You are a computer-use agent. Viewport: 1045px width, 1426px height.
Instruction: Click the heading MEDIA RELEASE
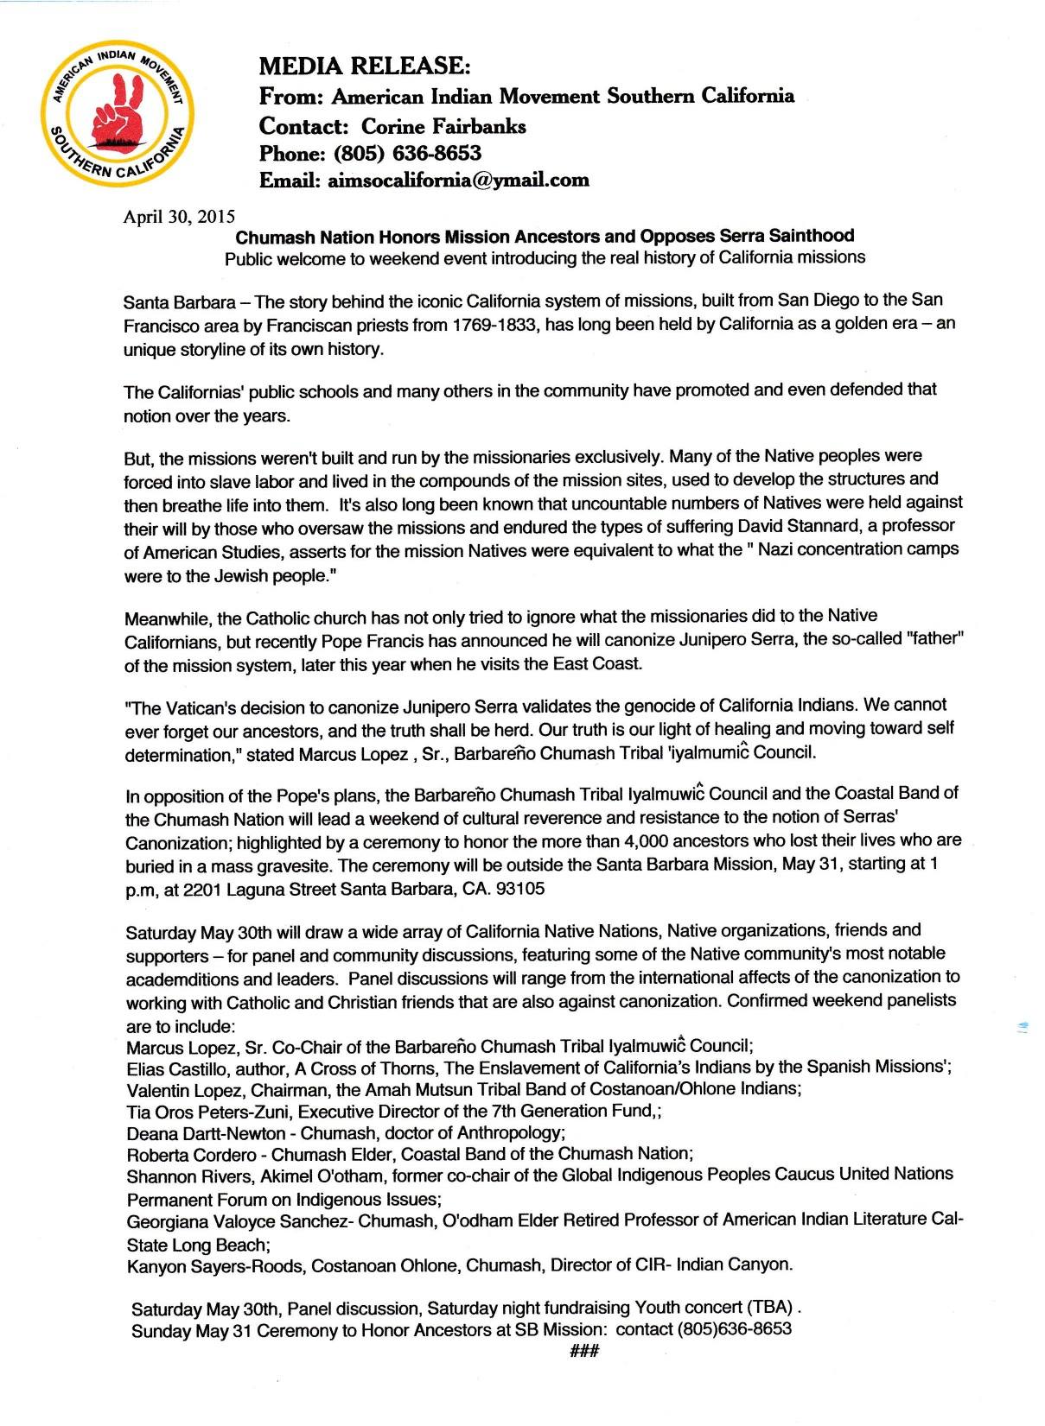pyautogui.click(x=366, y=66)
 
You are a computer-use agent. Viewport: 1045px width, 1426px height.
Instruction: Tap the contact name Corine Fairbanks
pyautogui.click(x=443, y=126)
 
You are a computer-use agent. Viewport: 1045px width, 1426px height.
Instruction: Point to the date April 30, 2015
pyautogui.click(x=179, y=217)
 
